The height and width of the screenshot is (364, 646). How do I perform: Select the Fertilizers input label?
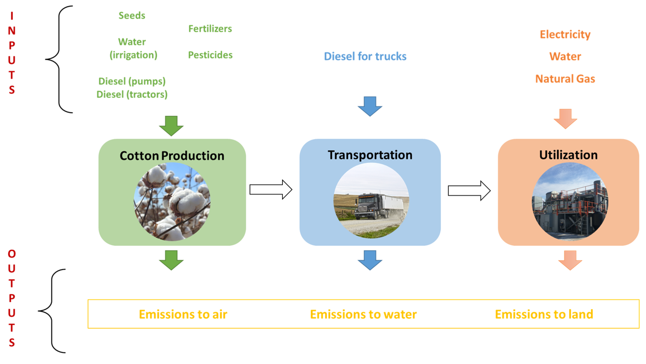tap(210, 29)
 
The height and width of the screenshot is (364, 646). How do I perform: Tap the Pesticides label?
tap(210, 55)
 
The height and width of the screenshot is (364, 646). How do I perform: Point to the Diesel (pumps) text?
tap(132, 81)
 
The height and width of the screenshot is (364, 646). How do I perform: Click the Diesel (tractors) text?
tap(132, 95)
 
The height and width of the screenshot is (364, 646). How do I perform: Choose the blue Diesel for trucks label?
tap(365, 56)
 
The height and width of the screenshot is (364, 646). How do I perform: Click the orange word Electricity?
tap(565, 34)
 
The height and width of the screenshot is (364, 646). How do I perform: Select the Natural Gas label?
tap(565, 79)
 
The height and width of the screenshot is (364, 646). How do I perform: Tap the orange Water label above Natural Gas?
tap(565, 56)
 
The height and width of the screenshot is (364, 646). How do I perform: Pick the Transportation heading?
tap(370, 155)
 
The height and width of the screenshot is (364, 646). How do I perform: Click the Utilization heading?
tap(568, 155)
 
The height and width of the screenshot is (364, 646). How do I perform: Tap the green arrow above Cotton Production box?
tap(171, 126)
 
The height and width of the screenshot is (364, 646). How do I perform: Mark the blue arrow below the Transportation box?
tap(370, 260)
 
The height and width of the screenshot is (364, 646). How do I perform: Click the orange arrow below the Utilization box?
tap(570, 260)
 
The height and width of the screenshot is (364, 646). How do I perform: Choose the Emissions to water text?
tap(363, 314)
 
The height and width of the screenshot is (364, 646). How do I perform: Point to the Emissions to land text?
tap(544, 314)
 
